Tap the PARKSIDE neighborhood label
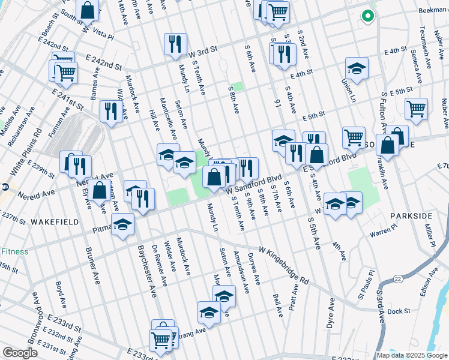411,215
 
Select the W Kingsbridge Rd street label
284,265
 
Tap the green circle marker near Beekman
367,16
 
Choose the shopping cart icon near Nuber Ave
416,109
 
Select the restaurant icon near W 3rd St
175,43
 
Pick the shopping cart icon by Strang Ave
161,340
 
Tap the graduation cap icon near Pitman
123,224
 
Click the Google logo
20,352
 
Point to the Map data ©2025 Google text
411,355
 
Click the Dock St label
399,311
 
